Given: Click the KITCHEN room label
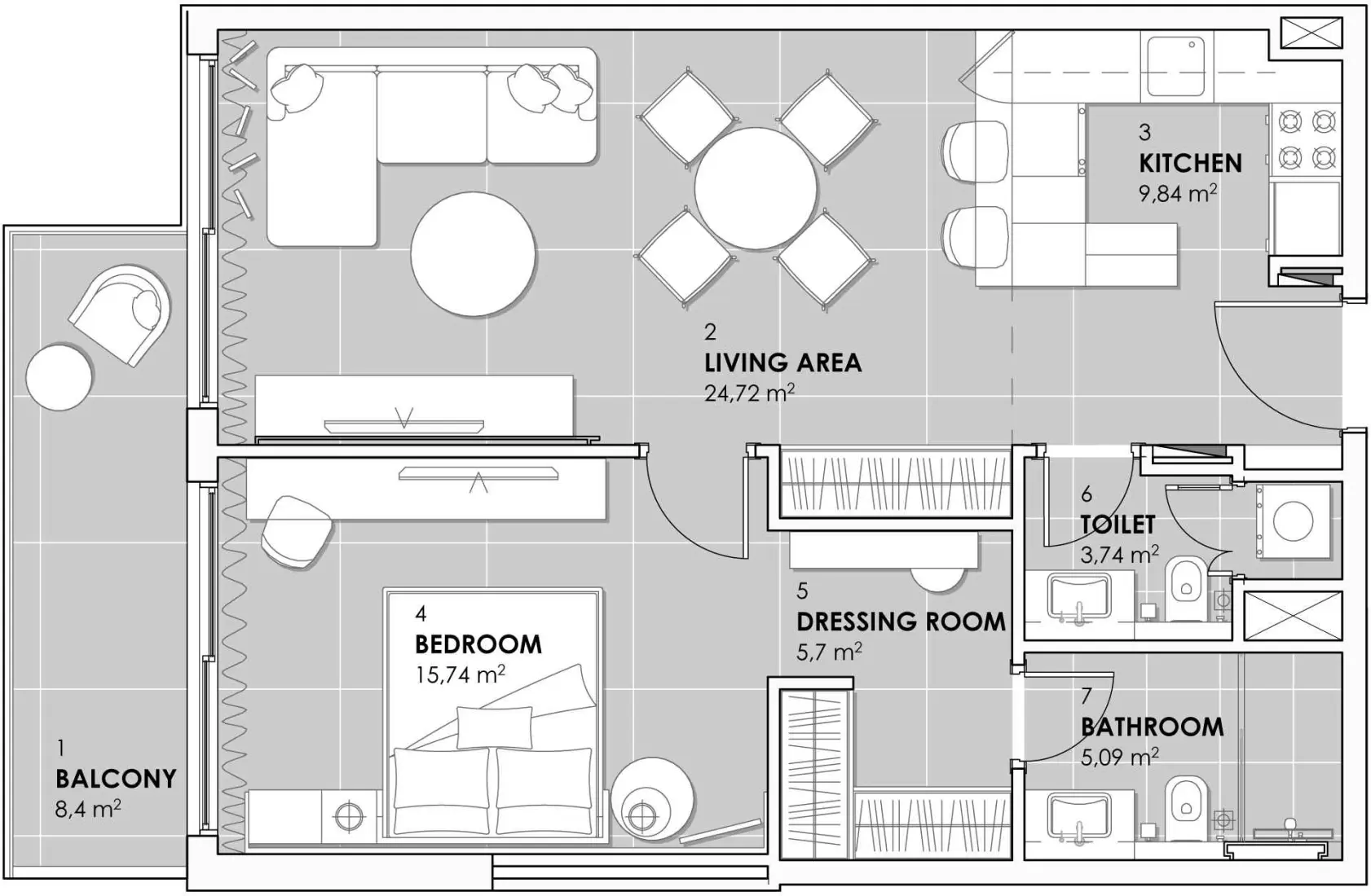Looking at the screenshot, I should coord(1189,164).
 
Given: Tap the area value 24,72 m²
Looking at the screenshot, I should coord(748,393).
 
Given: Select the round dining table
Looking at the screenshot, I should coord(756,188).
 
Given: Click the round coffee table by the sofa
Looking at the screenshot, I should coord(473,253).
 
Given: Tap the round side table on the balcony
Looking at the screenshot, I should coord(59,377).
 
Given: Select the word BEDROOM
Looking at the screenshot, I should coord(478,644).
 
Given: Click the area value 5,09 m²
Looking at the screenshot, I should coord(1118,758).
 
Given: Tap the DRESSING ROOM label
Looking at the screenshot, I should coord(901,621).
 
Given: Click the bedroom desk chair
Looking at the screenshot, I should coord(297,531).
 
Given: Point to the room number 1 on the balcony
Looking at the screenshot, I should coord(60,748).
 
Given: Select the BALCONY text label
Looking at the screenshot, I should coord(116,779).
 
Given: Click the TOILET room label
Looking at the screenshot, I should coord(1117,525).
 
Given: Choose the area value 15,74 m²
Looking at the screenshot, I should coord(460,674).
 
